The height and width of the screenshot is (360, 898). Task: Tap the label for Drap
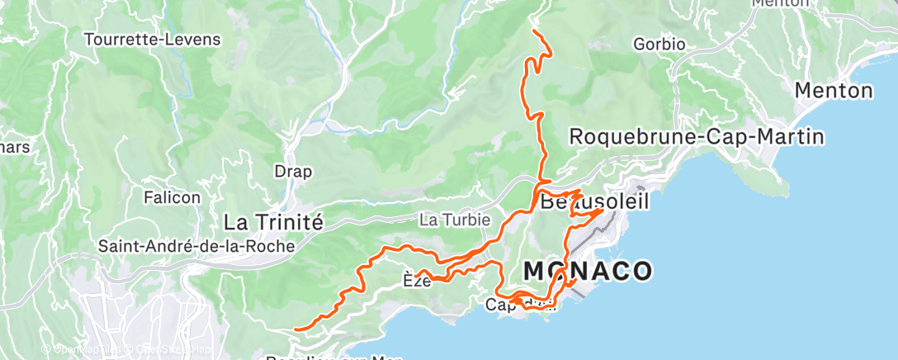pyautogui.click(x=294, y=172)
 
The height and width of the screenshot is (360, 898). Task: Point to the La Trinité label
pyautogui.click(x=273, y=221)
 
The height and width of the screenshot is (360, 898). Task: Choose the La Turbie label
pyautogui.click(x=455, y=220)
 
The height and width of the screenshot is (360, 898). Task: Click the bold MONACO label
pyautogui.click(x=588, y=270)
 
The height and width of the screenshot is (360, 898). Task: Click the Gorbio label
pyautogui.click(x=659, y=44)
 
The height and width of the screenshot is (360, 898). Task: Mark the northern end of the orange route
pyautogui.click(x=535, y=31)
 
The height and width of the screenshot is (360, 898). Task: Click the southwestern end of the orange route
pyautogui.click(x=295, y=329)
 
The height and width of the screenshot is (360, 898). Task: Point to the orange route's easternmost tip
pyautogui.click(x=612, y=210)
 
